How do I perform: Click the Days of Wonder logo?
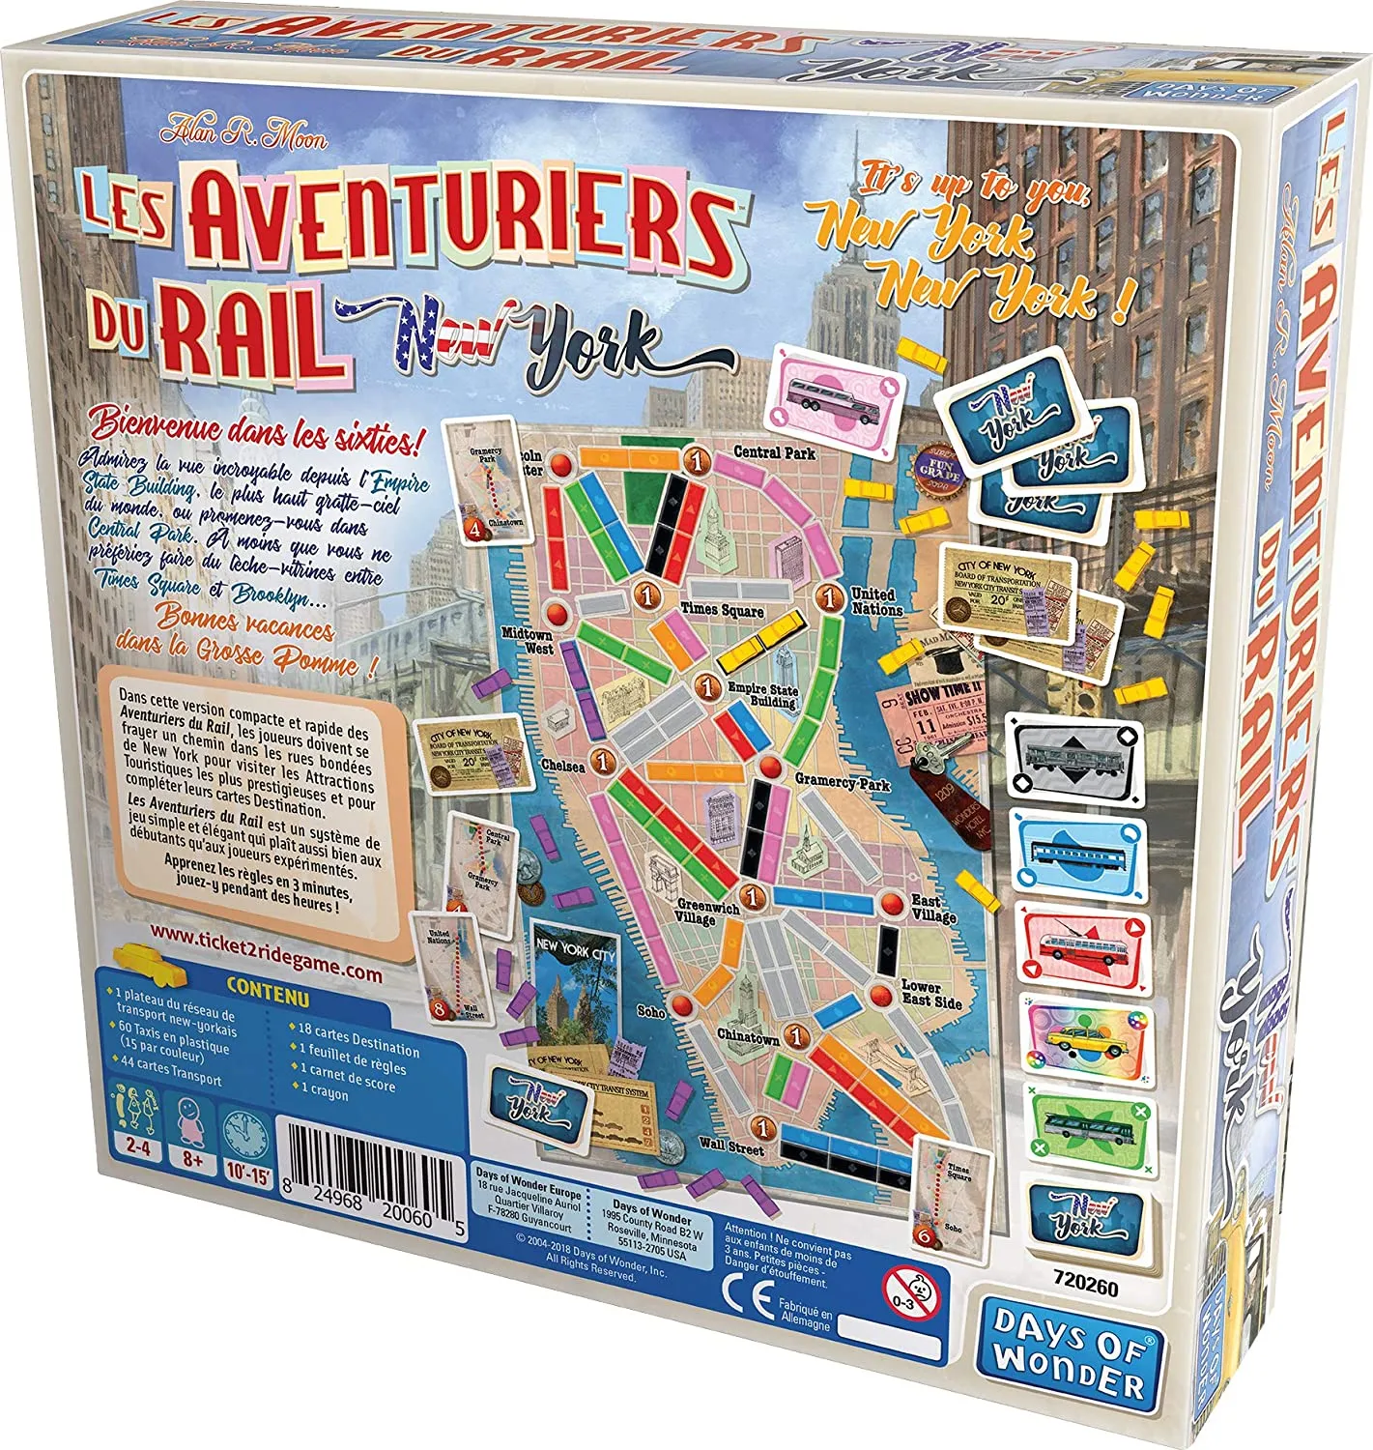tap(1070, 1354)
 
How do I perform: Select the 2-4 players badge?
tap(133, 1128)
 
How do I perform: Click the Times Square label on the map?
tap(722, 610)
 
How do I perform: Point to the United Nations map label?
tap(876, 601)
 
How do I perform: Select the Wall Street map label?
tap(731, 1147)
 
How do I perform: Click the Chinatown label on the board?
tap(748, 1036)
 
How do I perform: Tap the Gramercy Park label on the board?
tap(842, 782)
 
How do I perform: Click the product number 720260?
tap(1086, 1289)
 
